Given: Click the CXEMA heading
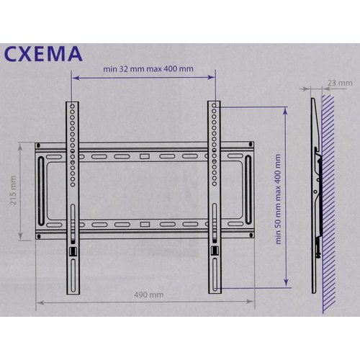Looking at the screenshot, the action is pyautogui.click(x=43, y=54).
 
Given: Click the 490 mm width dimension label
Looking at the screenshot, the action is pyautogui.click(x=149, y=294).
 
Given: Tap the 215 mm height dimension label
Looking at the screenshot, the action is pyautogui.click(x=13, y=190).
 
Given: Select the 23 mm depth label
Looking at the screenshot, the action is pyautogui.click(x=340, y=83).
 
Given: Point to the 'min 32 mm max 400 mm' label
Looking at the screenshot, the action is pyautogui.click(x=148, y=69).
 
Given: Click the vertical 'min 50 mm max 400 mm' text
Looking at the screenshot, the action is pyautogui.click(x=278, y=199).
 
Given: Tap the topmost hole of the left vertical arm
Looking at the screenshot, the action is pyautogui.click(x=73, y=106).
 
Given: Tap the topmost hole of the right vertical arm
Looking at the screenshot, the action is pyautogui.click(x=214, y=105).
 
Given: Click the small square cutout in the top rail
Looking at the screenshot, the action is pyautogui.click(x=145, y=156).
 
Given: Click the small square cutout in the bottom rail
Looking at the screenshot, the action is pyautogui.click(x=145, y=225).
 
